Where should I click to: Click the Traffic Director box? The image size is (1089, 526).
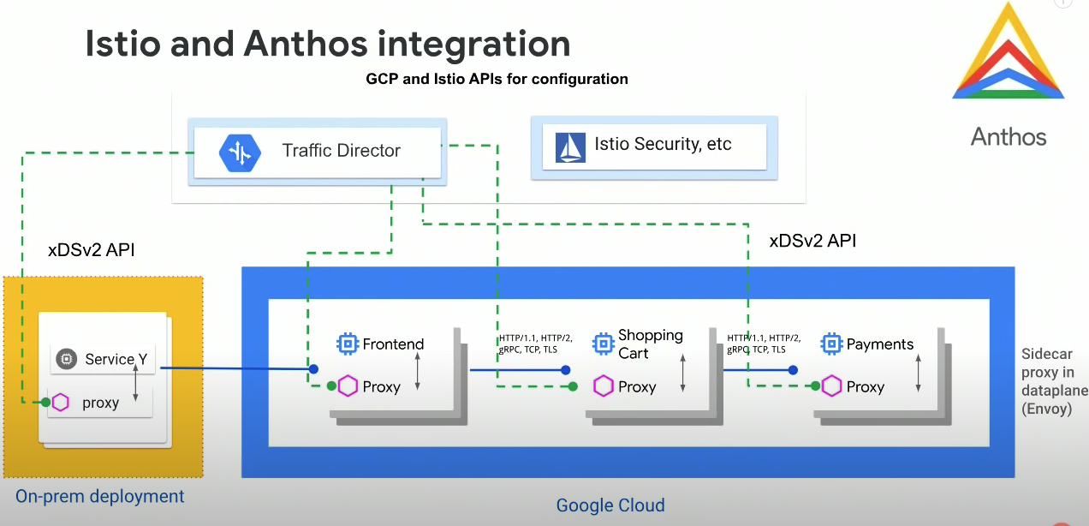pos(317,152)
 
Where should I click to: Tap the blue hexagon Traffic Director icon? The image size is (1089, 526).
pos(237,152)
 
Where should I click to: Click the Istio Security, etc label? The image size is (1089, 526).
pos(663,144)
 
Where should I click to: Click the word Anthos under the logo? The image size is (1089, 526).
pos(1008,136)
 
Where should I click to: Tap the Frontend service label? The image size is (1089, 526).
pos(393,344)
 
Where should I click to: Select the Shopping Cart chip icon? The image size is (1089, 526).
pos(604,344)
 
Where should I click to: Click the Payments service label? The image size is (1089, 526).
pos(879,344)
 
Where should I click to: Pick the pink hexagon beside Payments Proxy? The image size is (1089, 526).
pos(831,386)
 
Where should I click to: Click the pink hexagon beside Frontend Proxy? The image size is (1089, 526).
pos(348,386)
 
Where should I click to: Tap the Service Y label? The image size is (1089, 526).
pos(116,360)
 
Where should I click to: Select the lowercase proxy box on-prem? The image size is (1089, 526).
pos(100,402)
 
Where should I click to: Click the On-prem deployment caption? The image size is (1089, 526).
pos(100,496)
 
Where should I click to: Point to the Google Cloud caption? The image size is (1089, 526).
pos(610,505)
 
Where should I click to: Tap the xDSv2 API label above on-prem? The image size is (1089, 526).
pos(92,251)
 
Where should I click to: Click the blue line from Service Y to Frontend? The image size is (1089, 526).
pos(235,369)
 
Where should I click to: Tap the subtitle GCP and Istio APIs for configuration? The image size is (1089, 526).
pos(497,79)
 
